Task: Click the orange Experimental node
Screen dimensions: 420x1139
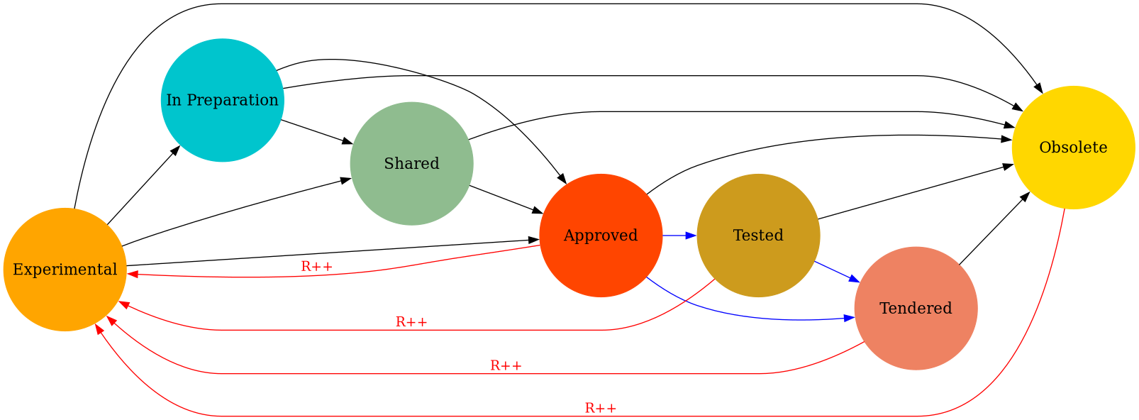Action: [65, 270]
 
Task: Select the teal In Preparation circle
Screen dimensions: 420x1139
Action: [222, 100]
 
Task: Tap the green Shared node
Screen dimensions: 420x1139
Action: [411, 163]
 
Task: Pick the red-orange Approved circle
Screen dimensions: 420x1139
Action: [600, 235]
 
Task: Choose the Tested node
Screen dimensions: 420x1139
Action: [758, 235]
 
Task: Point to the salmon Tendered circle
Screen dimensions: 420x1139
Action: [916, 308]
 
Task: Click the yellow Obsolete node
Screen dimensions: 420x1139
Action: [1073, 148]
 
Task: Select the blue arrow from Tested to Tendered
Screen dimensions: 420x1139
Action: [837, 272]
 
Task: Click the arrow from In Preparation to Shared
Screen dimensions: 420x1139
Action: [316, 132]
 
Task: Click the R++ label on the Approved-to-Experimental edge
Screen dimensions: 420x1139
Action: [316, 267]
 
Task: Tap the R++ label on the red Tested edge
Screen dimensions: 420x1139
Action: [411, 322]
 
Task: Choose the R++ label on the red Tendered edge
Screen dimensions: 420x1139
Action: [506, 366]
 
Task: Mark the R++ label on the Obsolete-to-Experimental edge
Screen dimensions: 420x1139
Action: [600, 409]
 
